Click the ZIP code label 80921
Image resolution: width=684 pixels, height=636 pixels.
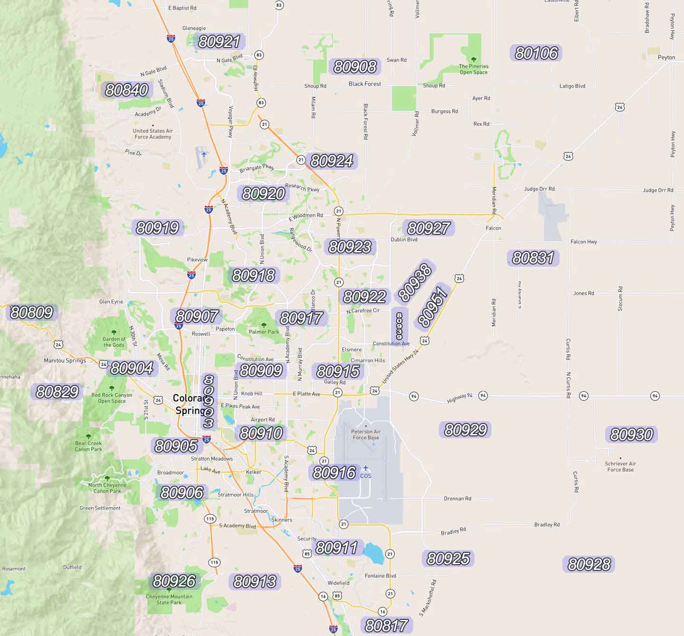(x=219, y=42)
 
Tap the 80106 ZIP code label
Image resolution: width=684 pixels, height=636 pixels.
(x=536, y=53)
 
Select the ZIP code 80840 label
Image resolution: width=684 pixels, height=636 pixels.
(x=126, y=90)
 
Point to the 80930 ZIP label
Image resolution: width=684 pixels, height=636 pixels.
(x=631, y=434)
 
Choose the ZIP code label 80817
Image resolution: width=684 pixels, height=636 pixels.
(x=386, y=626)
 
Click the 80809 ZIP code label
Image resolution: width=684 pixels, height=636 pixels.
(x=31, y=312)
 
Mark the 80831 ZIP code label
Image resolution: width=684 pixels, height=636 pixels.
(x=533, y=258)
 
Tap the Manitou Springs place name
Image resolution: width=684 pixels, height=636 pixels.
(x=65, y=360)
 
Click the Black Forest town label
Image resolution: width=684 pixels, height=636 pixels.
(x=365, y=84)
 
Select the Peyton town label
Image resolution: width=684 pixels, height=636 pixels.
(x=666, y=58)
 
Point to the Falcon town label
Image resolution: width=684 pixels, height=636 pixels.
(x=493, y=228)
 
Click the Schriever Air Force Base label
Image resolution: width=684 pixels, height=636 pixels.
(x=620, y=467)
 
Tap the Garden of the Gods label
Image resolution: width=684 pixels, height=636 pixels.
(x=114, y=342)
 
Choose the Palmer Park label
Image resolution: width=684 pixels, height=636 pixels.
(x=264, y=332)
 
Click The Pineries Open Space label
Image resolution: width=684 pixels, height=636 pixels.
(x=474, y=69)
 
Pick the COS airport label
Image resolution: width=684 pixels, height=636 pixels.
(x=366, y=476)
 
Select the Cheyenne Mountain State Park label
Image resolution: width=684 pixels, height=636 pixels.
(x=169, y=599)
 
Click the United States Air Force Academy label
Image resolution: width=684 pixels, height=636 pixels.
(x=152, y=134)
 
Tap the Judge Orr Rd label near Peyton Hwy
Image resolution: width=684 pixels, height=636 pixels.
(x=658, y=190)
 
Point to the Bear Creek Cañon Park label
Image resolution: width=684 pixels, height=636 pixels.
(x=88, y=446)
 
